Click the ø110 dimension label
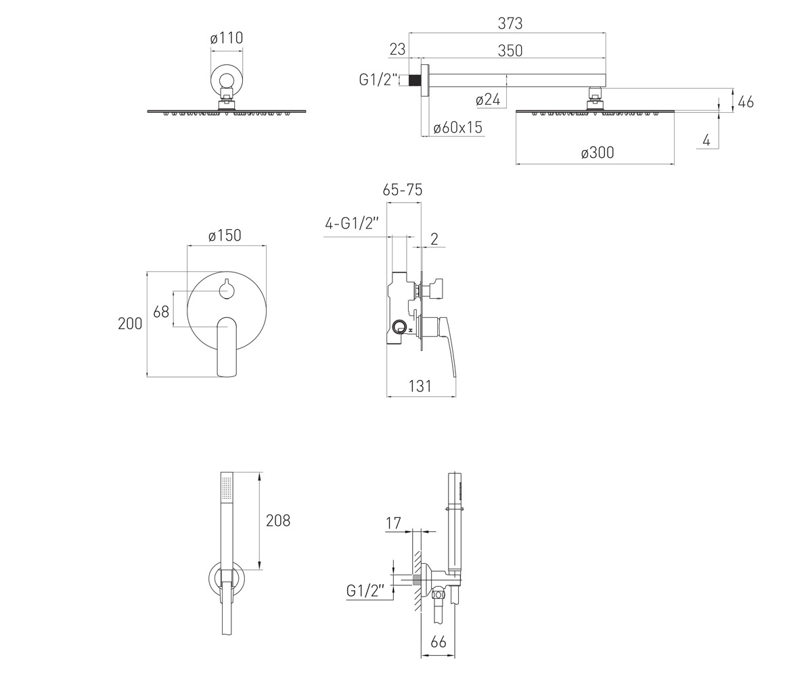pyautogui.click(x=226, y=38)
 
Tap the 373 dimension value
pyautogui.click(x=510, y=24)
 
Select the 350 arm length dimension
pyautogui.click(x=510, y=51)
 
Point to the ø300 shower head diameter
pyautogui.click(x=597, y=153)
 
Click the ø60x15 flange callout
pyautogui.click(x=457, y=128)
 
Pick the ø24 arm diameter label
pyautogui.click(x=488, y=100)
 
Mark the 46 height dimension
pyautogui.click(x=746, y=102)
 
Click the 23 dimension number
pyautogui.click(x=397, y=49)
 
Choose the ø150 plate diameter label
pyautogui.click(x=225, y=235)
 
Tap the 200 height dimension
pyautogui.click(x=130, y=324)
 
